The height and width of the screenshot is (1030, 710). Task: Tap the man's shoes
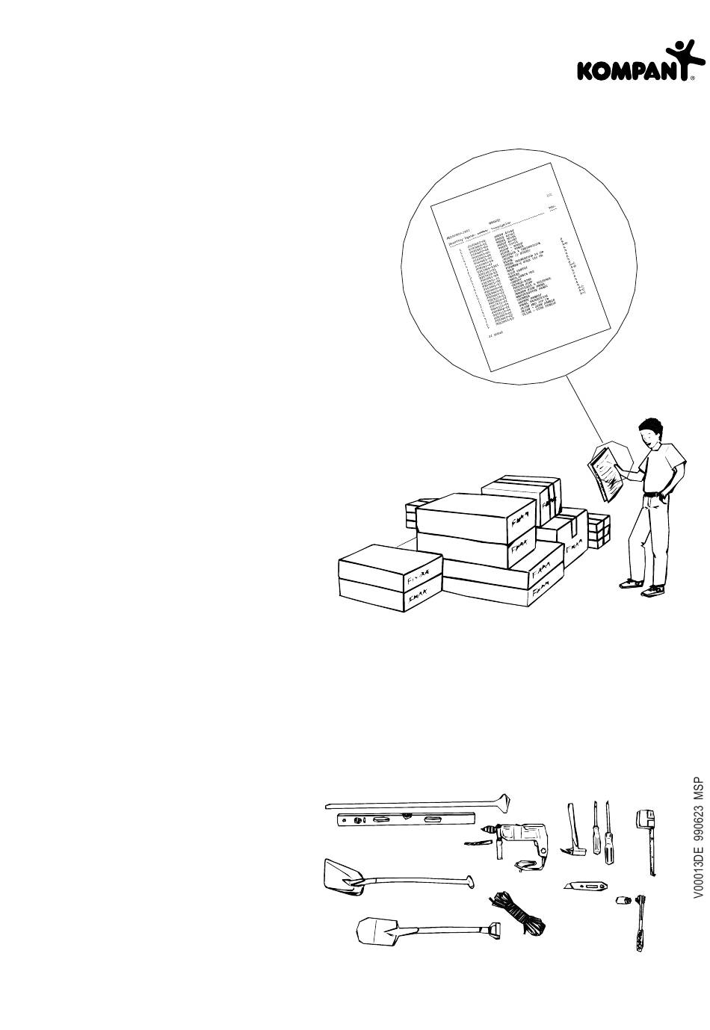[643, 586]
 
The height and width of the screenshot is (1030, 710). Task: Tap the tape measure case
[644, 818]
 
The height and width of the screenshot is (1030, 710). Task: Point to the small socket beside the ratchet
[620, 900]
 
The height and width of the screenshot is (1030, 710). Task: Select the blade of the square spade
[374, 931]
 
